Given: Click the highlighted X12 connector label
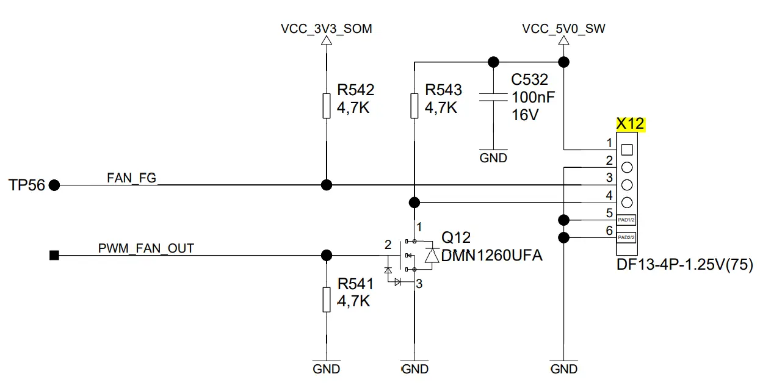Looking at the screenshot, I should pyautogui.click(x=630, y=124).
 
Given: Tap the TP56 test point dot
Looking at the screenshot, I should pyautogui.click(x=54, y=185).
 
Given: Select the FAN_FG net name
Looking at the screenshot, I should pyautogui.click(x=131, y=178).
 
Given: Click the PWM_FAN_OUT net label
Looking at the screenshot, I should pyautogui.click(x=146, y=248).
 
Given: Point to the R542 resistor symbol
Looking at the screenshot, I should pyautogui.click(x=327, y=106).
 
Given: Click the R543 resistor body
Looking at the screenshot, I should pyautogui.click(x=414, y=106).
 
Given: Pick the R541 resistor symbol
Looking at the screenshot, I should pyautogui.click(x=327, y=300).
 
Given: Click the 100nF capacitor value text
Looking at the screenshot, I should pyautogui.click(x=533, y=97).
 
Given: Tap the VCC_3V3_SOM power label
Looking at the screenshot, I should pyautogui.click(x=326, y=29).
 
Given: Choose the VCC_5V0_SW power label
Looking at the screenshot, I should pyautogui.click(x=563, y=29).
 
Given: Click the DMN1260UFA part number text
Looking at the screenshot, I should pyautogui.click(x=491, y=256).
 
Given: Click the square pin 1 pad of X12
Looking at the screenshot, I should pyautogui.click(x=626, y=149).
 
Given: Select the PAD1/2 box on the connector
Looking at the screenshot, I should pyautogui.click(x=626, y=220).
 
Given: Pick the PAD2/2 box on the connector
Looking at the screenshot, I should pyautogui.click(x=626, y=237).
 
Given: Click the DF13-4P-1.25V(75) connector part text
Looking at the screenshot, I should pyautogui.click(x=684, y=265).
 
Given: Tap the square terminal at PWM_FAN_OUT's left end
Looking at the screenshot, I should pyautogui.click(x=54, y=255).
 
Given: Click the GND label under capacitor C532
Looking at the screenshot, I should pyautogui.click(x=493, y=158).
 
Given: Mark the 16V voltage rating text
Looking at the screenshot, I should pyautogui.click(x=525, y=114).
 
